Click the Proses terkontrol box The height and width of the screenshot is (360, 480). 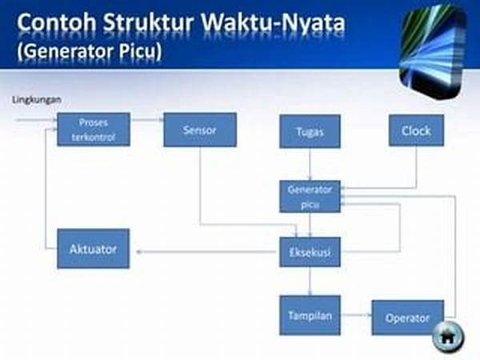pos(94,130)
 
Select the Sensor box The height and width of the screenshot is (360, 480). pos(200,130)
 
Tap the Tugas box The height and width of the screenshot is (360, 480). pos(310,131)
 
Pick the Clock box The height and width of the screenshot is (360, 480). pos(416,130)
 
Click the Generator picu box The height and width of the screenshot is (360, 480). pos(310,196)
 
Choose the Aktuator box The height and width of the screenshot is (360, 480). pos(94,249)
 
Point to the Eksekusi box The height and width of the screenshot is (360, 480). pos(310,252)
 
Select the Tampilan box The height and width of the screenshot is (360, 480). pos(310,315)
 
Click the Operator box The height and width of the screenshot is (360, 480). pos(408,318)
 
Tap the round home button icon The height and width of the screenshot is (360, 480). pos(448,337)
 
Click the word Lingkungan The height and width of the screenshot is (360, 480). pos(37,100)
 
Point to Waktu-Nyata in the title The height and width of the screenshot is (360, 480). pos(273,22)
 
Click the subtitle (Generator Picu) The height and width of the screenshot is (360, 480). pos(90,51)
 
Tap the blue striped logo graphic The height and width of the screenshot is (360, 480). pos(433,51)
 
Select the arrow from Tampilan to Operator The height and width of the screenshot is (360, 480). pos(356,314)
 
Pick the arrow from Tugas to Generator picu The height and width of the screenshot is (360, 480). pos(310,164)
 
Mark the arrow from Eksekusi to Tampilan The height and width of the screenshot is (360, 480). pos(310,281)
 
